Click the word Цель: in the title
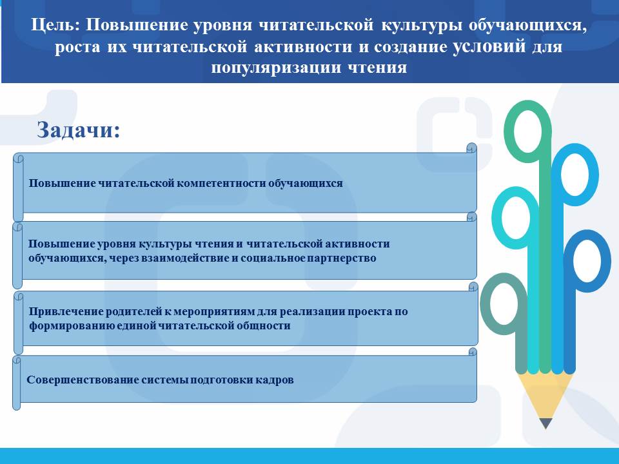tap(55, 25)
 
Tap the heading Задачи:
tap(79, 130)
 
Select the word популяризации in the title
tap(276, 68)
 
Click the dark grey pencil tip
tap(545, 423)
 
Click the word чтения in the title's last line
tap(377, 68)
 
